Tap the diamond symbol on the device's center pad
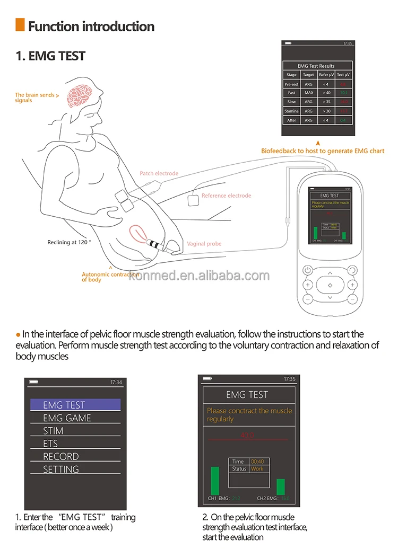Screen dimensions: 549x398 [330, 286]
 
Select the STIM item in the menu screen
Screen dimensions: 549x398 [53, 431]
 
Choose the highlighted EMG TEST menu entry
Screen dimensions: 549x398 [75, 405]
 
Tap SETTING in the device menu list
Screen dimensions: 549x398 [61, 470]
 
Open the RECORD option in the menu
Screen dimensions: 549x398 [61, 456]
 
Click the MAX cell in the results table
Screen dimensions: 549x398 [308, 93]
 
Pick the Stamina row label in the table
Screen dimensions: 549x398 [291, 111]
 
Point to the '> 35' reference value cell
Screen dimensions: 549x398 [326, 102]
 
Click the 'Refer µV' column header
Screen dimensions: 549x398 [326, 75]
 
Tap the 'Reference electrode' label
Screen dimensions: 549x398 [226, 196]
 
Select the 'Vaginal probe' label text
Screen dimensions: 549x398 [204, 244]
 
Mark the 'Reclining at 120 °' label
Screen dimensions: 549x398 [69, 242]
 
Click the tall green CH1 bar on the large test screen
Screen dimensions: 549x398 [214, 480]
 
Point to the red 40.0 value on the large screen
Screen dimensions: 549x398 [247, 435]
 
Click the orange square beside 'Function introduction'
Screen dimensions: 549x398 [20, 25]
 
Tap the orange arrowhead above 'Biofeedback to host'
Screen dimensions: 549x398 [317, 143]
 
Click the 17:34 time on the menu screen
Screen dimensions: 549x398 [116, 382]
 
